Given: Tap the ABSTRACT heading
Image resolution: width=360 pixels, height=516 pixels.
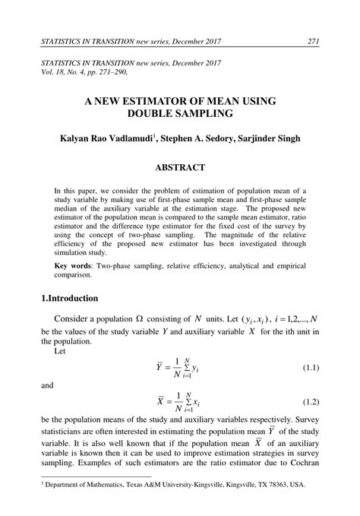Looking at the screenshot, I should click(x=179, y=167).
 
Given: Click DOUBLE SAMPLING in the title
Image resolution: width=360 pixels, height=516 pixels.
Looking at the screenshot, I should click(x=179, y=114).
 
